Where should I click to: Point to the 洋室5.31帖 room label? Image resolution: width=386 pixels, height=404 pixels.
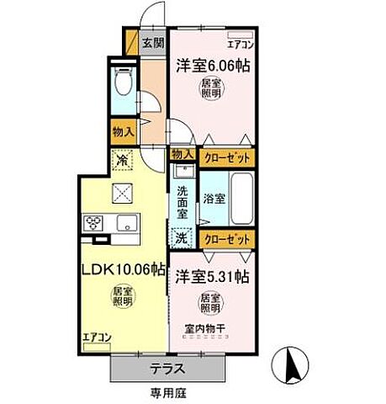[x=211, y=275]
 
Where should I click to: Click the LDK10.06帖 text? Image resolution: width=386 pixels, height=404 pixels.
[x=123, y=271]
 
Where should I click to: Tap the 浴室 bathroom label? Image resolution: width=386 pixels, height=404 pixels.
[x=214, y=199]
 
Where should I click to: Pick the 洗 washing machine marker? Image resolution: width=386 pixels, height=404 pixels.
[x=181, y=238]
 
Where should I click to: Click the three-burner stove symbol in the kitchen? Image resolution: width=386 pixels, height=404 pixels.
[x=93, y=223]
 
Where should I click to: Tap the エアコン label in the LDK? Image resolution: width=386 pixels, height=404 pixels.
[x=97, y=338]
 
